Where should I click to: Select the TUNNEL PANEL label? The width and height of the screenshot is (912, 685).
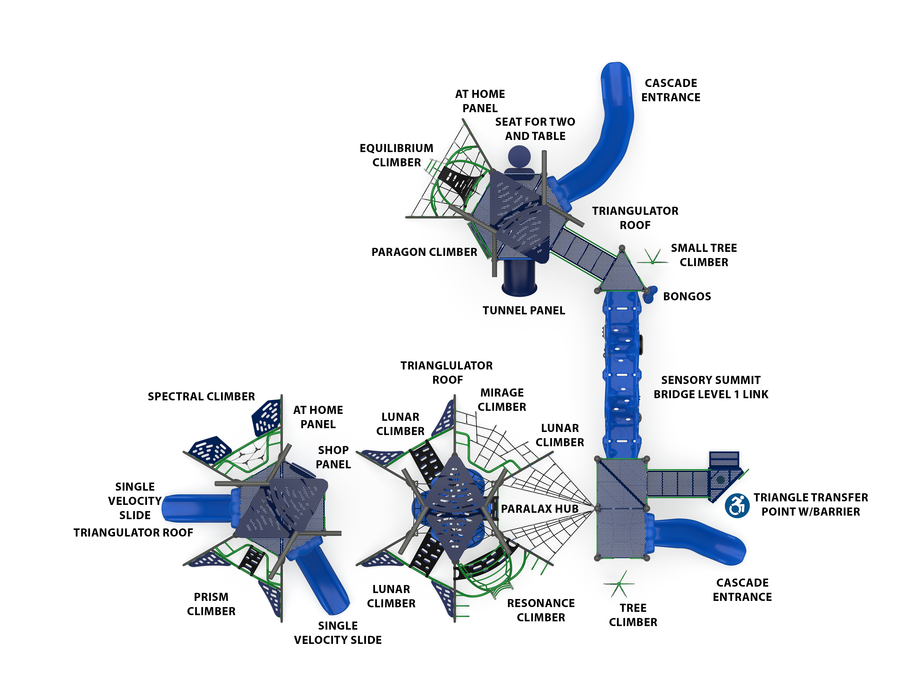(524, 311)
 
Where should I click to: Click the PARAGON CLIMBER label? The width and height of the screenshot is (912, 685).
(424, 252)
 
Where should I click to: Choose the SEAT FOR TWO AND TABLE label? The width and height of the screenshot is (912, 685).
(535, 129)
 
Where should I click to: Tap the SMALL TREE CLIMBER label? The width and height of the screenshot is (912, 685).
(703, 255)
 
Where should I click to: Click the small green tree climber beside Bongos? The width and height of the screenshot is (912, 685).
(653, 258)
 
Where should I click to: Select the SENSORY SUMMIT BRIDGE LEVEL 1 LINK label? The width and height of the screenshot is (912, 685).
(711, 387)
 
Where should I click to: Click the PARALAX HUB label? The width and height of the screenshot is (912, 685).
(539, 509)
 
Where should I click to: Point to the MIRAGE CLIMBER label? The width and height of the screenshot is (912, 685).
(502, 400)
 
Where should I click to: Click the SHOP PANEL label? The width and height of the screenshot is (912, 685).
(333, 457)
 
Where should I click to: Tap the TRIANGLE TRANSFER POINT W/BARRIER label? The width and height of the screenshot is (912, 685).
(811, 504)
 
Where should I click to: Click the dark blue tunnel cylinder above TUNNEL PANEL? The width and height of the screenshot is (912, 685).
(519, 278)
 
